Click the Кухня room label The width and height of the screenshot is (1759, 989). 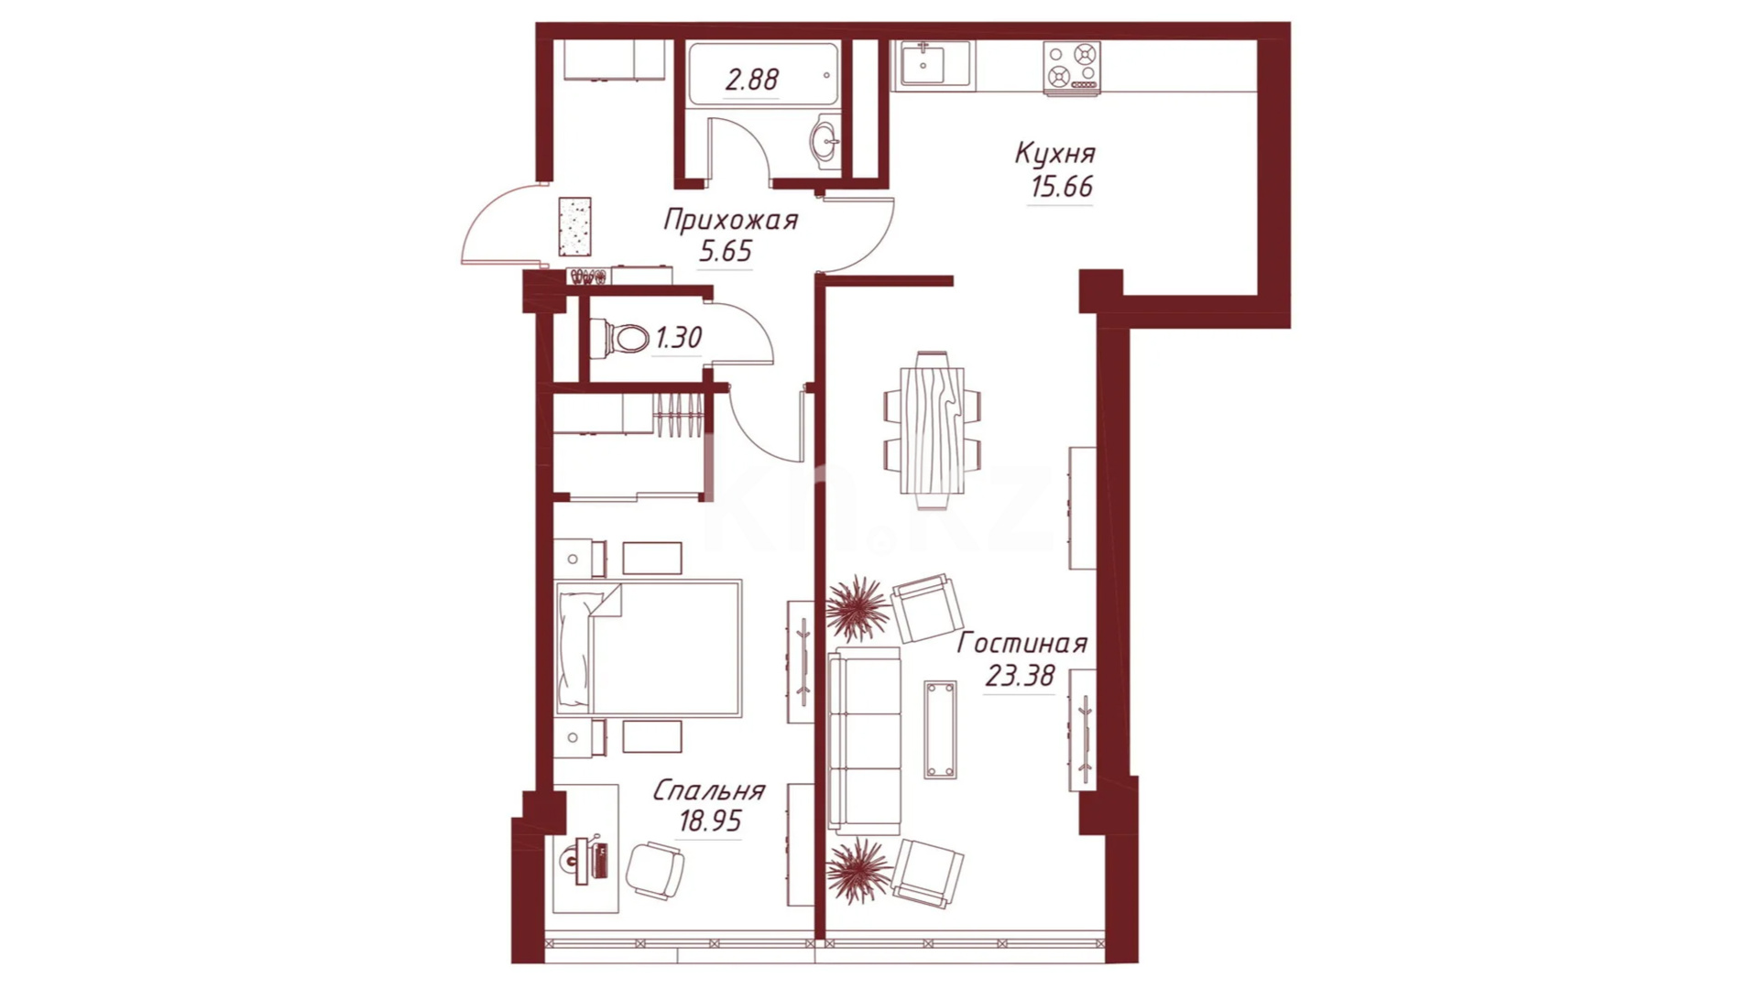[1054, 154]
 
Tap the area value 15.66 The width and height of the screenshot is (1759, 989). [1062, 187]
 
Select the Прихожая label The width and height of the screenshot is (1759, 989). [730, 220]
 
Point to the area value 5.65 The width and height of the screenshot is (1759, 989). [726, 251]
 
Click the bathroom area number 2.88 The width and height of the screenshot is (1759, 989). [751, 81]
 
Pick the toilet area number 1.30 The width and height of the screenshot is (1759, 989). [678, 339]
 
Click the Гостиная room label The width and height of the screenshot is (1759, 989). [1022, 644]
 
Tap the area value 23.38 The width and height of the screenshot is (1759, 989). [1020, 677]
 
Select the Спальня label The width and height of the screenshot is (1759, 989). [709, 791]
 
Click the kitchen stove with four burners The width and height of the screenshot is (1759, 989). [1072, 69]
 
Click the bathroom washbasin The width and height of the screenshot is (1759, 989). [825, 142]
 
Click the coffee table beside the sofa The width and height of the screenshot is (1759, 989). [940, 730]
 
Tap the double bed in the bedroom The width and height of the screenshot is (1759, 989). [649, 647]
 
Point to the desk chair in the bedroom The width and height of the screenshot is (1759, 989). [655, 868]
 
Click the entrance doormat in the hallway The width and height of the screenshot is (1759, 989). [574, 226]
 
